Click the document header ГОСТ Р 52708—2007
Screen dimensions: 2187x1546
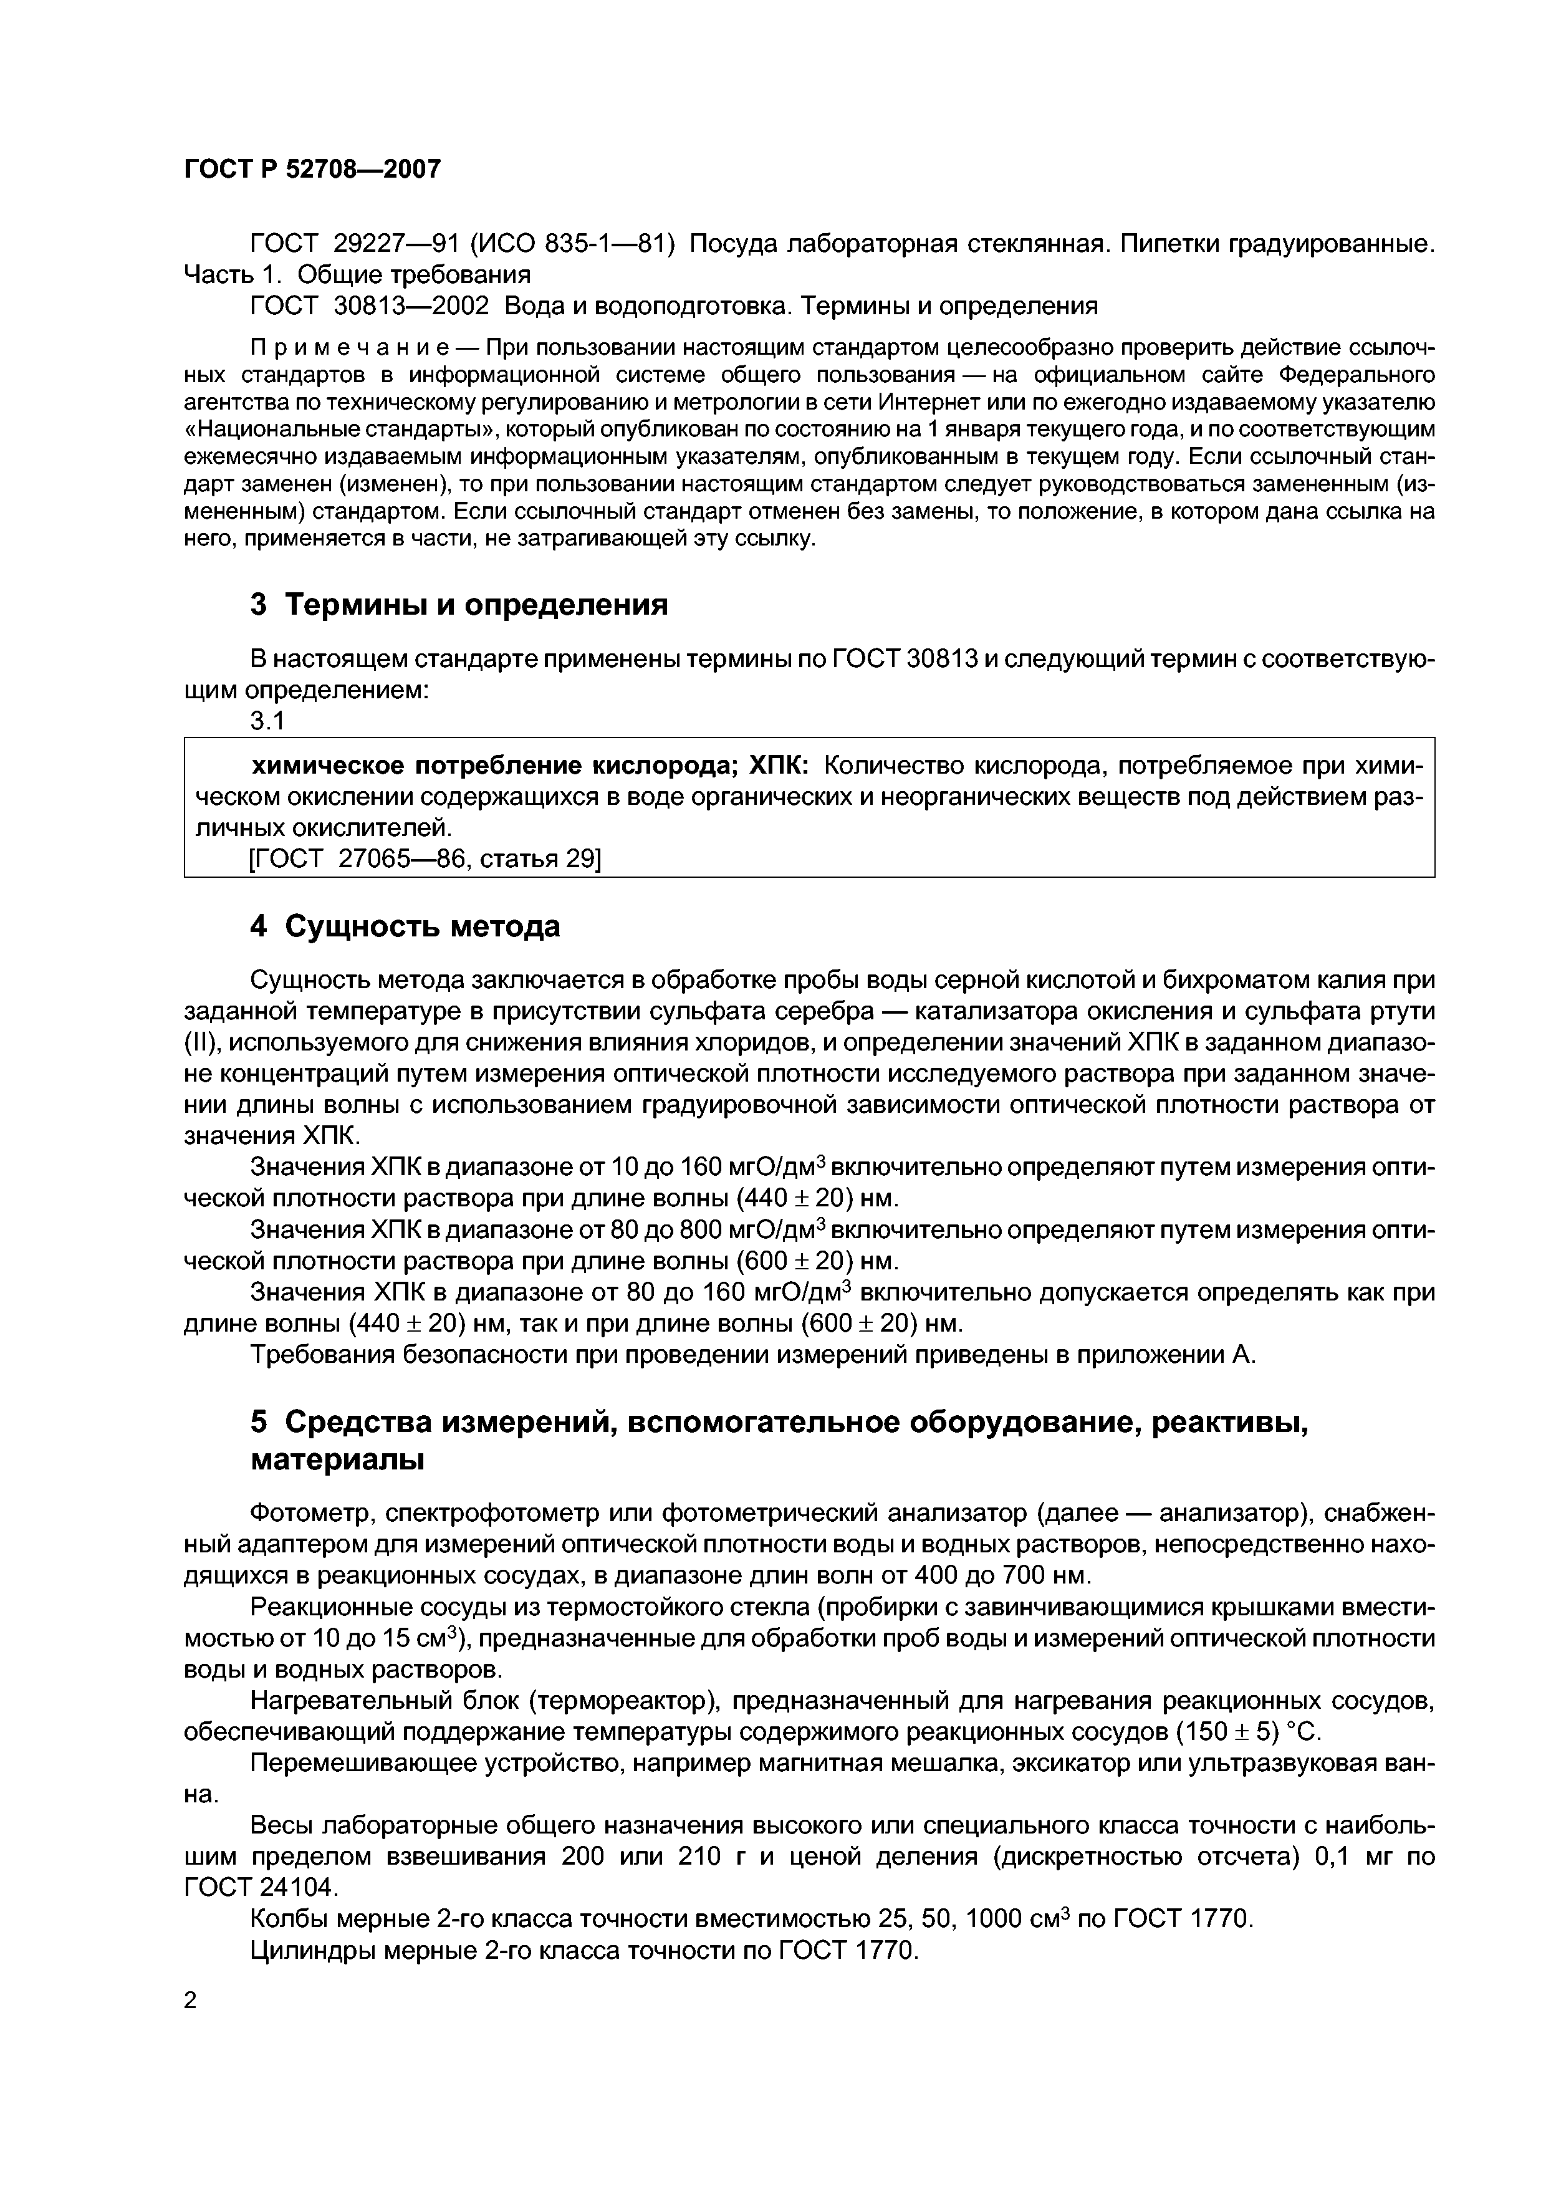tap(312, 170)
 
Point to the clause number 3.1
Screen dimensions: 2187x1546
tap(267, 721)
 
